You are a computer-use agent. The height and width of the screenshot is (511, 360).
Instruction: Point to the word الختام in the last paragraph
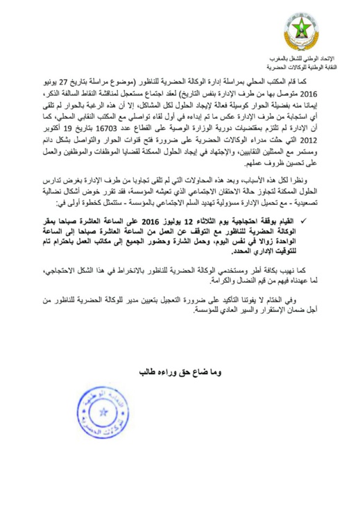coord(286,301)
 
